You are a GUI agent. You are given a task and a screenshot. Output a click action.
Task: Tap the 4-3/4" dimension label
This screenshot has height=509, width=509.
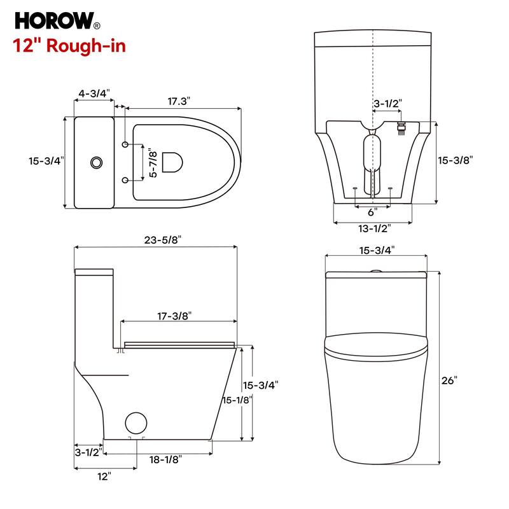[94, 94]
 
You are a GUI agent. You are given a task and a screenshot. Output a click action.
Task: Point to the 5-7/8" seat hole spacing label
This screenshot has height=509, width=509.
[151, 163]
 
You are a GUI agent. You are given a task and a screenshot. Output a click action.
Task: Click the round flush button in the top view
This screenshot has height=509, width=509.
[96, 162]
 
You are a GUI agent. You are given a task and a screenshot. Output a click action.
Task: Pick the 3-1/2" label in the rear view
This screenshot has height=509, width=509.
[387, 102]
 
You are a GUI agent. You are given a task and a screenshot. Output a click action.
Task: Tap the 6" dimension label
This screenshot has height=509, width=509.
[372, 211]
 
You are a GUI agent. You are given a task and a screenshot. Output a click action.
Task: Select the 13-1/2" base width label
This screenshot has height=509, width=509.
[374, 227]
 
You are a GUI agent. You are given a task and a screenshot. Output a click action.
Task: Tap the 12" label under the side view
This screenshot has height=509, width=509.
[104, 475]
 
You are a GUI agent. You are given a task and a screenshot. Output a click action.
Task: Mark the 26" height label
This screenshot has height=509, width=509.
[449, 380]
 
